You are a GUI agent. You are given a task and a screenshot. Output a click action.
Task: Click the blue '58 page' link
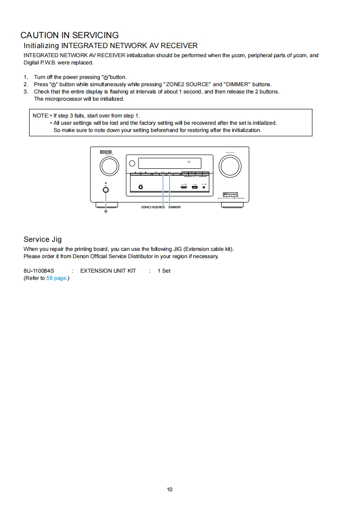pos(56,278)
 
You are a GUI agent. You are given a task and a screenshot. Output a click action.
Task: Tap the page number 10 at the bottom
pos(170,489)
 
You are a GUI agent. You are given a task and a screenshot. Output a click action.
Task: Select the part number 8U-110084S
pos(39,271)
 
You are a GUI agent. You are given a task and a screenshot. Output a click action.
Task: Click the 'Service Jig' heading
pos(42,240)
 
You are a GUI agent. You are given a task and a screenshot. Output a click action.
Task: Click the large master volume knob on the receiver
pos(230,166)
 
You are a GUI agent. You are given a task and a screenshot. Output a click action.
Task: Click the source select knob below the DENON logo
pos(109,166)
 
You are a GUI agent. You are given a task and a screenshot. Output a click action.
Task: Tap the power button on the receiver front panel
pos(106,190)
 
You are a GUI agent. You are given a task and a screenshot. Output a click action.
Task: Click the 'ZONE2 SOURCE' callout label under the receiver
pos(153,207)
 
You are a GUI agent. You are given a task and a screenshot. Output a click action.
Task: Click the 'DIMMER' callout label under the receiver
pos(174,207)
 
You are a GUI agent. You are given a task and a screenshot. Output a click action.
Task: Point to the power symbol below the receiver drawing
pos(106,211)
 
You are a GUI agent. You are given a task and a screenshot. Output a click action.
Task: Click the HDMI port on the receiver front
pos(184,186)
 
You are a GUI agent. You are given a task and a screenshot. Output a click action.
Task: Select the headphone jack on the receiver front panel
pos(140,186)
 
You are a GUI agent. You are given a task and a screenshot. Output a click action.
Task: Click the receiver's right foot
pos(232,205)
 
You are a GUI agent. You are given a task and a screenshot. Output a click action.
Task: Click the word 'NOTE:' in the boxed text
pos(40,116)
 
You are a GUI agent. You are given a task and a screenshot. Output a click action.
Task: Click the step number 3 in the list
pos(26,92)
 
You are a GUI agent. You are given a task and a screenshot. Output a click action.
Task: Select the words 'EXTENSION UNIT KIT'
pos(108,271)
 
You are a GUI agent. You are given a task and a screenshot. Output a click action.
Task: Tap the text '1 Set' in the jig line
pos(164,271)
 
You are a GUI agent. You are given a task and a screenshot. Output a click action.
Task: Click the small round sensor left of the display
pos(132,163)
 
